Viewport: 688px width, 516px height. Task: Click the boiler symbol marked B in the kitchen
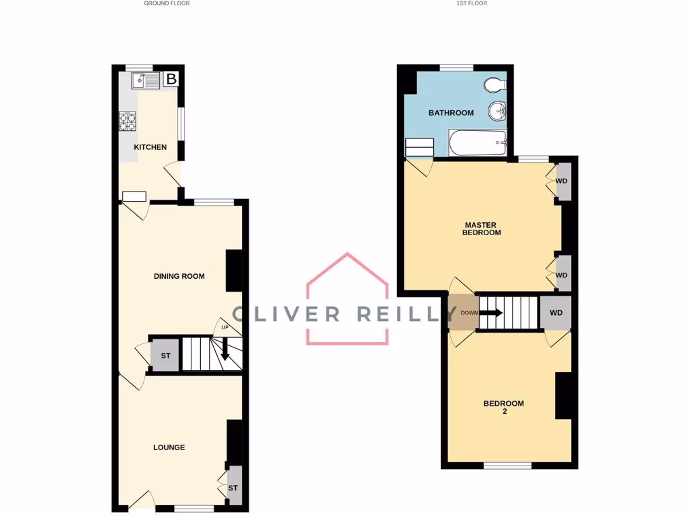171,79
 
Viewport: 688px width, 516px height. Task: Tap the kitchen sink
146,81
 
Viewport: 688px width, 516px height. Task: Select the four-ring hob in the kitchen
128,121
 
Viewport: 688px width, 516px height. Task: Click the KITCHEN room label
150,147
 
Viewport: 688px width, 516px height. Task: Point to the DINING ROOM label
179,276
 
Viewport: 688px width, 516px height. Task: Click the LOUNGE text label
169,447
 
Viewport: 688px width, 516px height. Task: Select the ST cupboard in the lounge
233,488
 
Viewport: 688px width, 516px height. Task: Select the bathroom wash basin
497,111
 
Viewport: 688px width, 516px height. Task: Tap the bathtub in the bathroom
477,142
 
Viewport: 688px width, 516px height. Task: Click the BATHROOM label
451,113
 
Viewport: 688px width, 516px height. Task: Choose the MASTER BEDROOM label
482,228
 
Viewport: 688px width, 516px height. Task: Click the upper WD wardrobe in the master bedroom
562,181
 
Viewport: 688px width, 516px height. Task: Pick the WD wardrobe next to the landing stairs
556,313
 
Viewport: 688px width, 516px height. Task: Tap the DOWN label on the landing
468,313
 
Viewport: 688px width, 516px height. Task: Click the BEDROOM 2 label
503,407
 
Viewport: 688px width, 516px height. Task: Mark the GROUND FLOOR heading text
167,3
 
